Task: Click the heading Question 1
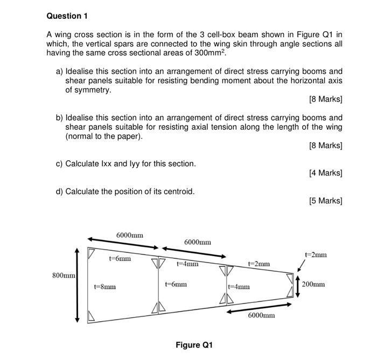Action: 67,16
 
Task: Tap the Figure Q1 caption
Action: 194,344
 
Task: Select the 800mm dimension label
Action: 64,276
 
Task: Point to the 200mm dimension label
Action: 313,284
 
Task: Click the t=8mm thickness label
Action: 104,287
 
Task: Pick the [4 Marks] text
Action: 325,173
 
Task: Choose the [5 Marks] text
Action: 325,201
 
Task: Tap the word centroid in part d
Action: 176,191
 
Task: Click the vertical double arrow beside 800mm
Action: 77,285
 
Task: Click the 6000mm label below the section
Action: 261,315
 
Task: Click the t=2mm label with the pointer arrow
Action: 316,255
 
